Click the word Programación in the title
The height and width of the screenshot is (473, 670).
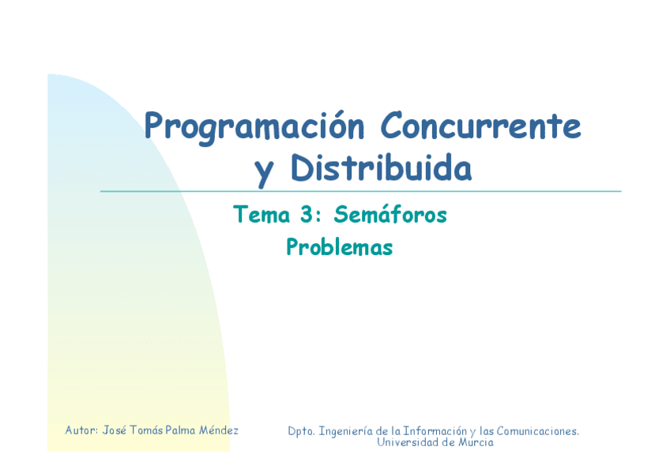(254, 127)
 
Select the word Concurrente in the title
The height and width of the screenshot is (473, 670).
(480, 126)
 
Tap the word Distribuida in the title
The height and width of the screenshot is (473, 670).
(381, 167)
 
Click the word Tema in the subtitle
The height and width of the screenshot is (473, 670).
(262, 214)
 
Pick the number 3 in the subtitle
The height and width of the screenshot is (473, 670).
(307, 214)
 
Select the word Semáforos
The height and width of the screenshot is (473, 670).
(390, 214)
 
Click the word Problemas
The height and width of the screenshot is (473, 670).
(339, 246)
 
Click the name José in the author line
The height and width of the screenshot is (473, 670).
(114, 430)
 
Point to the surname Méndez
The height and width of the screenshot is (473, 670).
(218, 430)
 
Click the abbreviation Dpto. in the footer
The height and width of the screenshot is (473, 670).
(301, 431)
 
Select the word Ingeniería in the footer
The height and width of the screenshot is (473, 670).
(346, 432)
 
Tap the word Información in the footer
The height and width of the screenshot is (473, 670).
(435, 431)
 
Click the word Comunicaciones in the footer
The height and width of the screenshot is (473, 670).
(537, 431)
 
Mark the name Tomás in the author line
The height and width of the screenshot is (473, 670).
(146, 430)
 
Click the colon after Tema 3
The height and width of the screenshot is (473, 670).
(318, 216)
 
